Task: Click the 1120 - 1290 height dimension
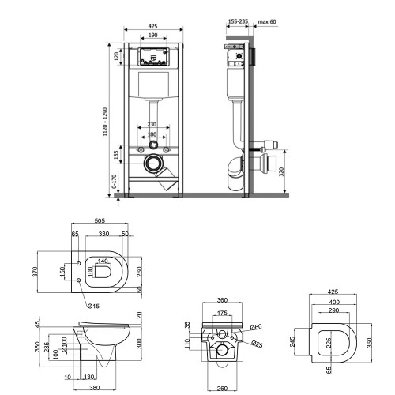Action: pos(105,122)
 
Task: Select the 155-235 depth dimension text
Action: pos(238,21)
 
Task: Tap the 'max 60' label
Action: pos(267,21)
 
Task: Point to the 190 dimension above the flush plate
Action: pos(153,35)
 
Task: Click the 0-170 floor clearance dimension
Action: pos(115,181)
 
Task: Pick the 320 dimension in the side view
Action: pos(281,171)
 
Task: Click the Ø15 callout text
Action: pos(93,306)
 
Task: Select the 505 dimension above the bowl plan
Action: pos(100,220)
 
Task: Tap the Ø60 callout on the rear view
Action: pos(256,327)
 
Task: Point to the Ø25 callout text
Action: pos(257,344)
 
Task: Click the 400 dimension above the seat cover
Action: pos(334,302)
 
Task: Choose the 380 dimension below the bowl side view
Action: pos(95,388)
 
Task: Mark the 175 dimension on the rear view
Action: pos(222,313)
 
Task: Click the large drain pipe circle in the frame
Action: pos(152,164)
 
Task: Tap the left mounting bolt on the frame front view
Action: pos(141,150)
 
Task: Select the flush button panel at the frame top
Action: pos(153,56)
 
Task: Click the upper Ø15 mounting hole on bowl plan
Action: pos(78,263)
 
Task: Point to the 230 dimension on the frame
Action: pos(152,124)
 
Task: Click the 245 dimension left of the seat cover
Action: pos(292,342)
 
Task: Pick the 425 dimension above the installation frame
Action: pos(152,26)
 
